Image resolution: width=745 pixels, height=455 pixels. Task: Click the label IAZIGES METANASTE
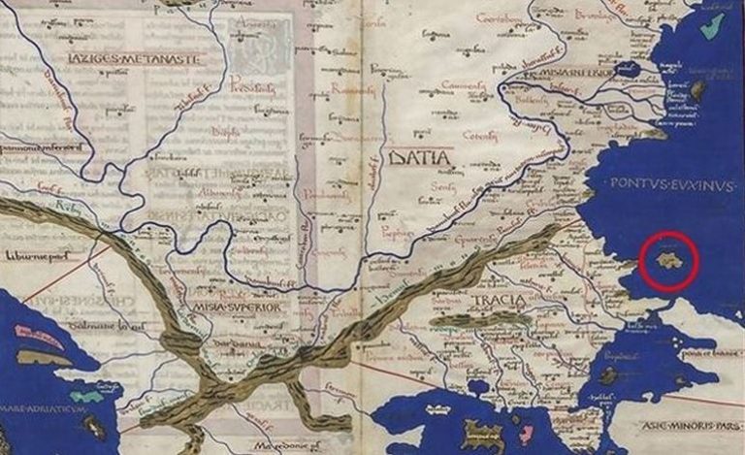coord(134,59)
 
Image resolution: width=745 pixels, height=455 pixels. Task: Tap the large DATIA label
coord(417,156)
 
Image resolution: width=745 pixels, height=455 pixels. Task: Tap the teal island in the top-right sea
coord(712,25)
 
